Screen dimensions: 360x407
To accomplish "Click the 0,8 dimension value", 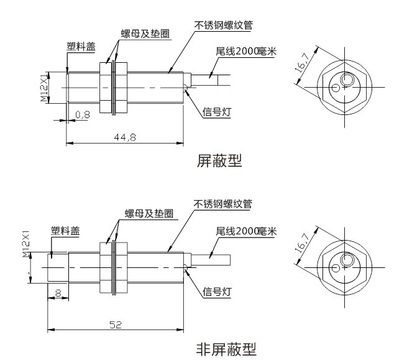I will (83, 114).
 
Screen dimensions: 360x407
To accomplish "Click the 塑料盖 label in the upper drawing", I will (81, 46).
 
